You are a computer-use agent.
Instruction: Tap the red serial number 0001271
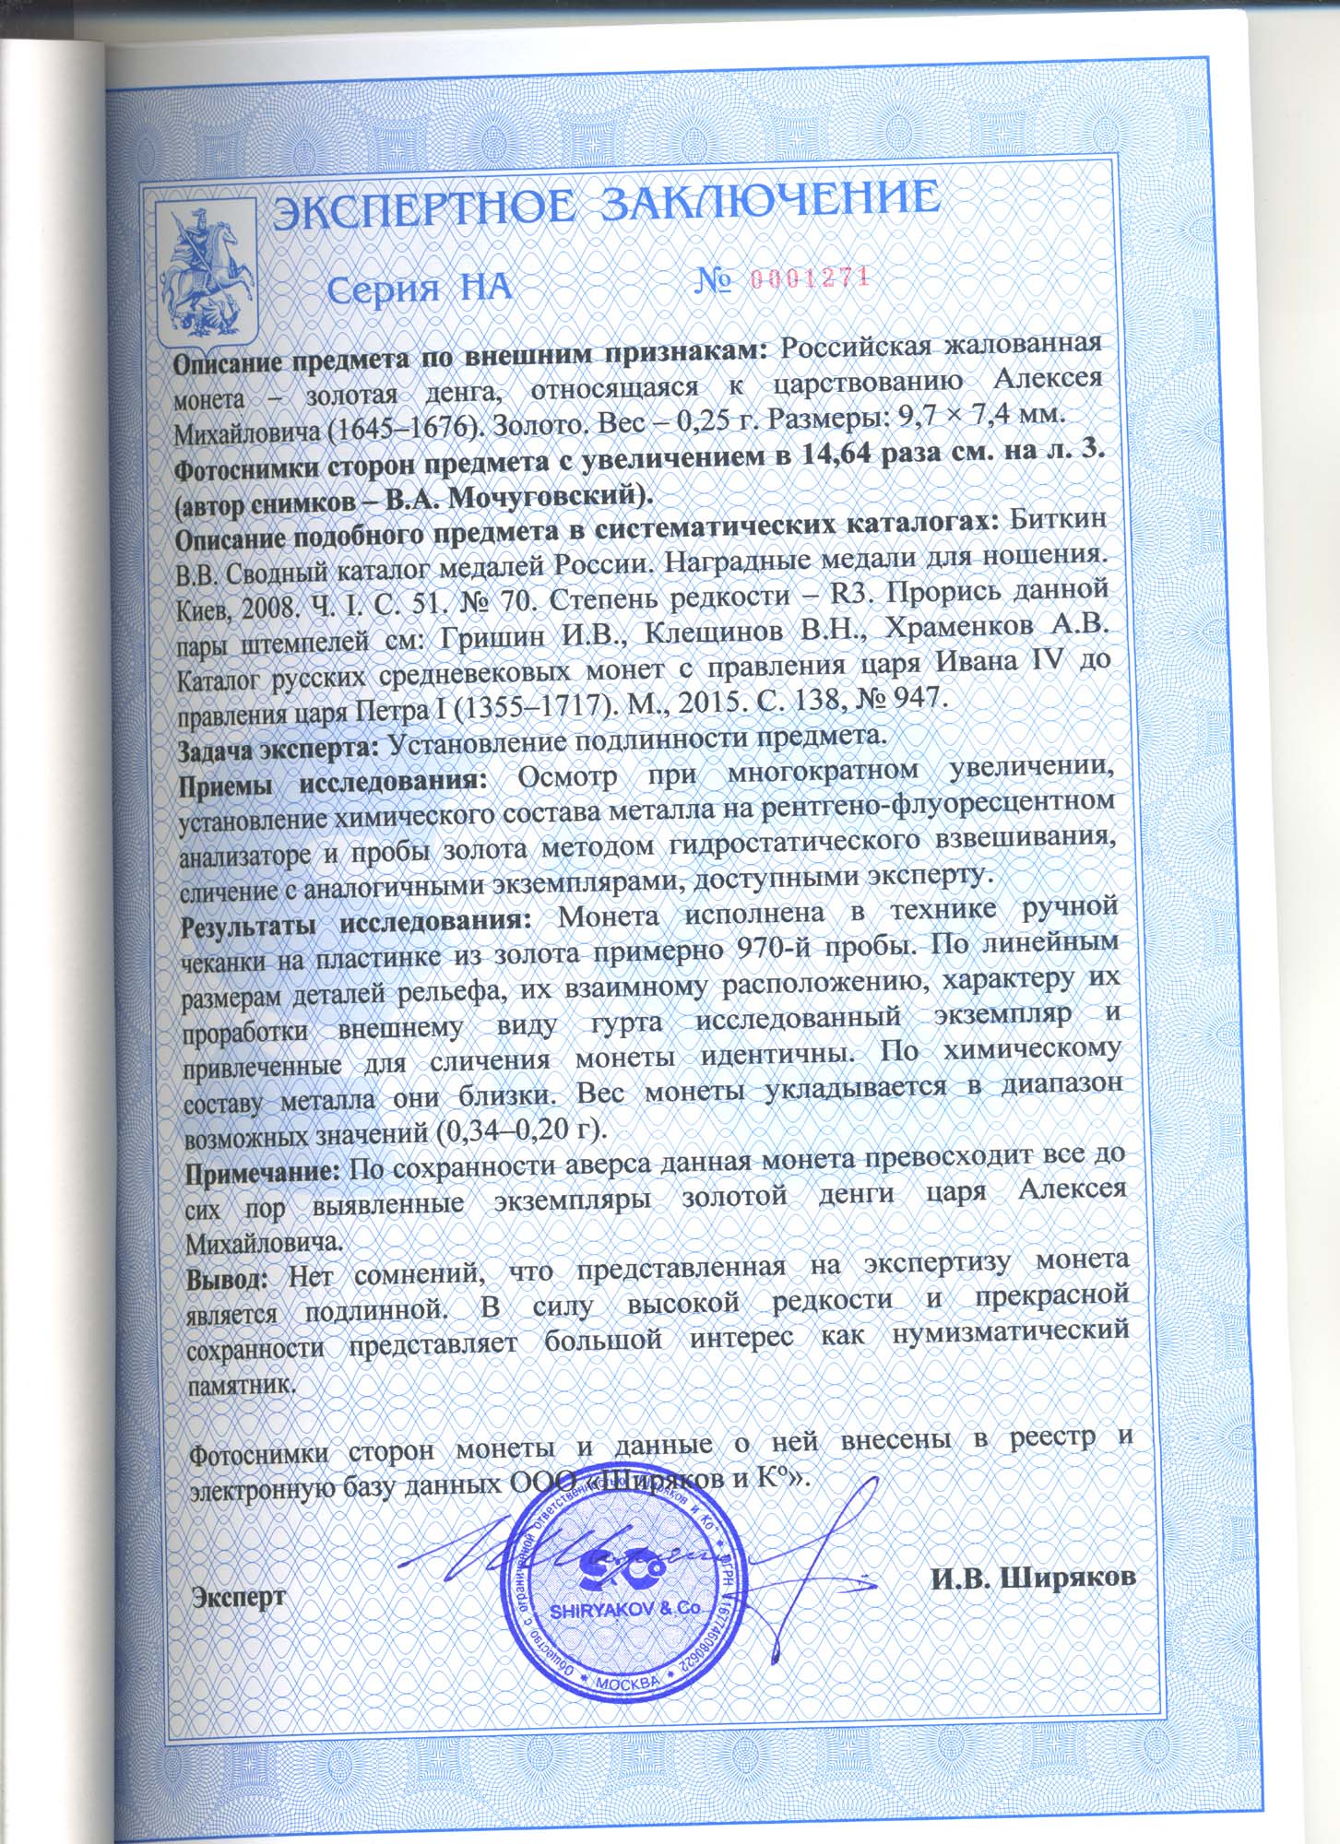[x=811, y=278]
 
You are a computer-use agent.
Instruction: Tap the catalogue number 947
[x=907, y=698]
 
